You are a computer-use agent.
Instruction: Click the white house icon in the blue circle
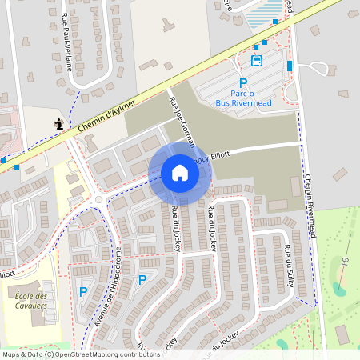[180, 172]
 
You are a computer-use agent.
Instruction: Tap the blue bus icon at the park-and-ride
[257, 60]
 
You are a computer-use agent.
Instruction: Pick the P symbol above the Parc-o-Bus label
[243, 83]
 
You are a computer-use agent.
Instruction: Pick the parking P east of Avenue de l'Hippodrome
[142, 280]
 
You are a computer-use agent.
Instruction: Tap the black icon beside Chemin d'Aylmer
[58, 124]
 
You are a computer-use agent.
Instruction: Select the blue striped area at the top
[263, 14]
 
